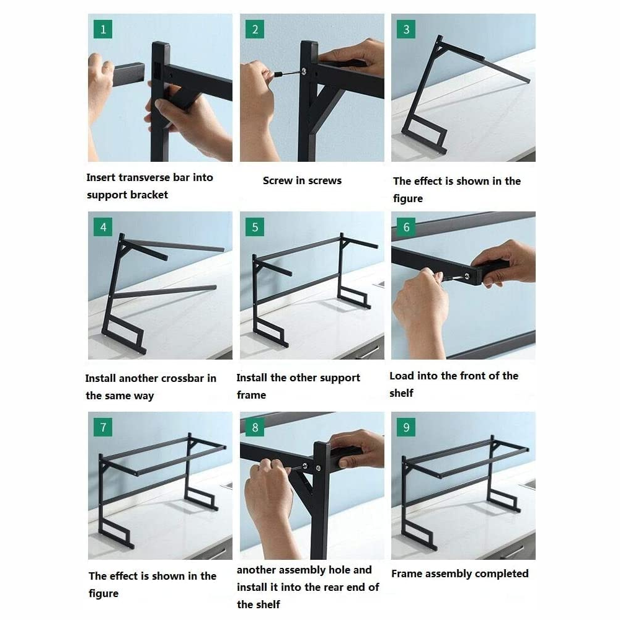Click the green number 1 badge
pos(103,29)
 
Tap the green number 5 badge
pos(255,227)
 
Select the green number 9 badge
pos(406,427)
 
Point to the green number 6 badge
pos(406,227)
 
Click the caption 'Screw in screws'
pos(302,180)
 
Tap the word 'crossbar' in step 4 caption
pos(161,378)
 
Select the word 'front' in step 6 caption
pos(469,376)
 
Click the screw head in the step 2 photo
pos(304,71)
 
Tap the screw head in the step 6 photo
pos(467,277)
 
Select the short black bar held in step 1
pos(128,74)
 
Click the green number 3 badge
pos(406,29)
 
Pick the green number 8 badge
pos(255,427)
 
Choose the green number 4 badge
pos(103,227)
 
